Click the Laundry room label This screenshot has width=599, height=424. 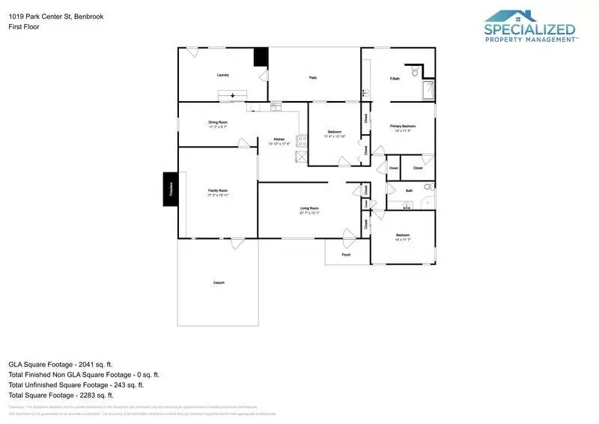tap(222, 75)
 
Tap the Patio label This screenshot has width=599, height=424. tap(314, 77)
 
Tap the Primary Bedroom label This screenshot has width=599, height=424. tap(403, 128)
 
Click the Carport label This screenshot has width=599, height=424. tap(219, 282)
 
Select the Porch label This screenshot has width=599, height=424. tap(346, 255)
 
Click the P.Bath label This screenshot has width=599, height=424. tap(394, 78)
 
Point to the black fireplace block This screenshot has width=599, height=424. tap(170, 189)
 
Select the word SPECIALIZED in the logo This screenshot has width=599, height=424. tap(529, 30)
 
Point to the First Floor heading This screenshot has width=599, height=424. tap(23, 27)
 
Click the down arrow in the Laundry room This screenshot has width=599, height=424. tap(233, 95)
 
